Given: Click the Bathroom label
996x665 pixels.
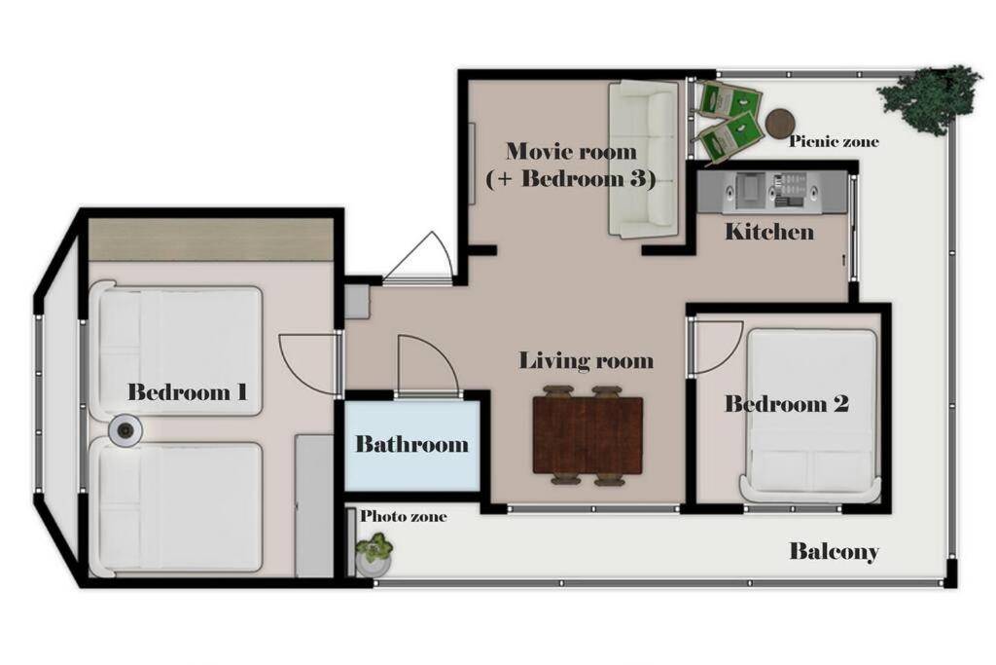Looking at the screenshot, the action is pos(411,444).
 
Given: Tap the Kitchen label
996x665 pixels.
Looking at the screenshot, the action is pos(769,232).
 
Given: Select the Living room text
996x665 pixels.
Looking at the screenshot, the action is pos(587,360).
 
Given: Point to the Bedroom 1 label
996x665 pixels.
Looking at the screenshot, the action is pos(188,391).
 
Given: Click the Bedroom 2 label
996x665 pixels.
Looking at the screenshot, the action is pos(787,404).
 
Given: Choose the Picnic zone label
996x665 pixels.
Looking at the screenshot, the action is pos(834,141).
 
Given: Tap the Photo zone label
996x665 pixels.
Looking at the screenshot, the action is pos(404,516).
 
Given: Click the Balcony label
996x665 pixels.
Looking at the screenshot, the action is pos(834,551).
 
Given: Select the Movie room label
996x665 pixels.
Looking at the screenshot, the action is pos(571,151).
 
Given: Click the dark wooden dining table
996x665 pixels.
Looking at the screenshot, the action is pos(587,435).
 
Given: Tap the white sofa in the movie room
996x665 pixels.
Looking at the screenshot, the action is pos(644,160).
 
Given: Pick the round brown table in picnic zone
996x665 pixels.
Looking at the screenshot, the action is pos(779,124).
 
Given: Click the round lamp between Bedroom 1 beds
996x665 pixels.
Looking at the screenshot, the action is pos(125,431).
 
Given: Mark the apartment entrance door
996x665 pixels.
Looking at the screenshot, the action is pos(417,256).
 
